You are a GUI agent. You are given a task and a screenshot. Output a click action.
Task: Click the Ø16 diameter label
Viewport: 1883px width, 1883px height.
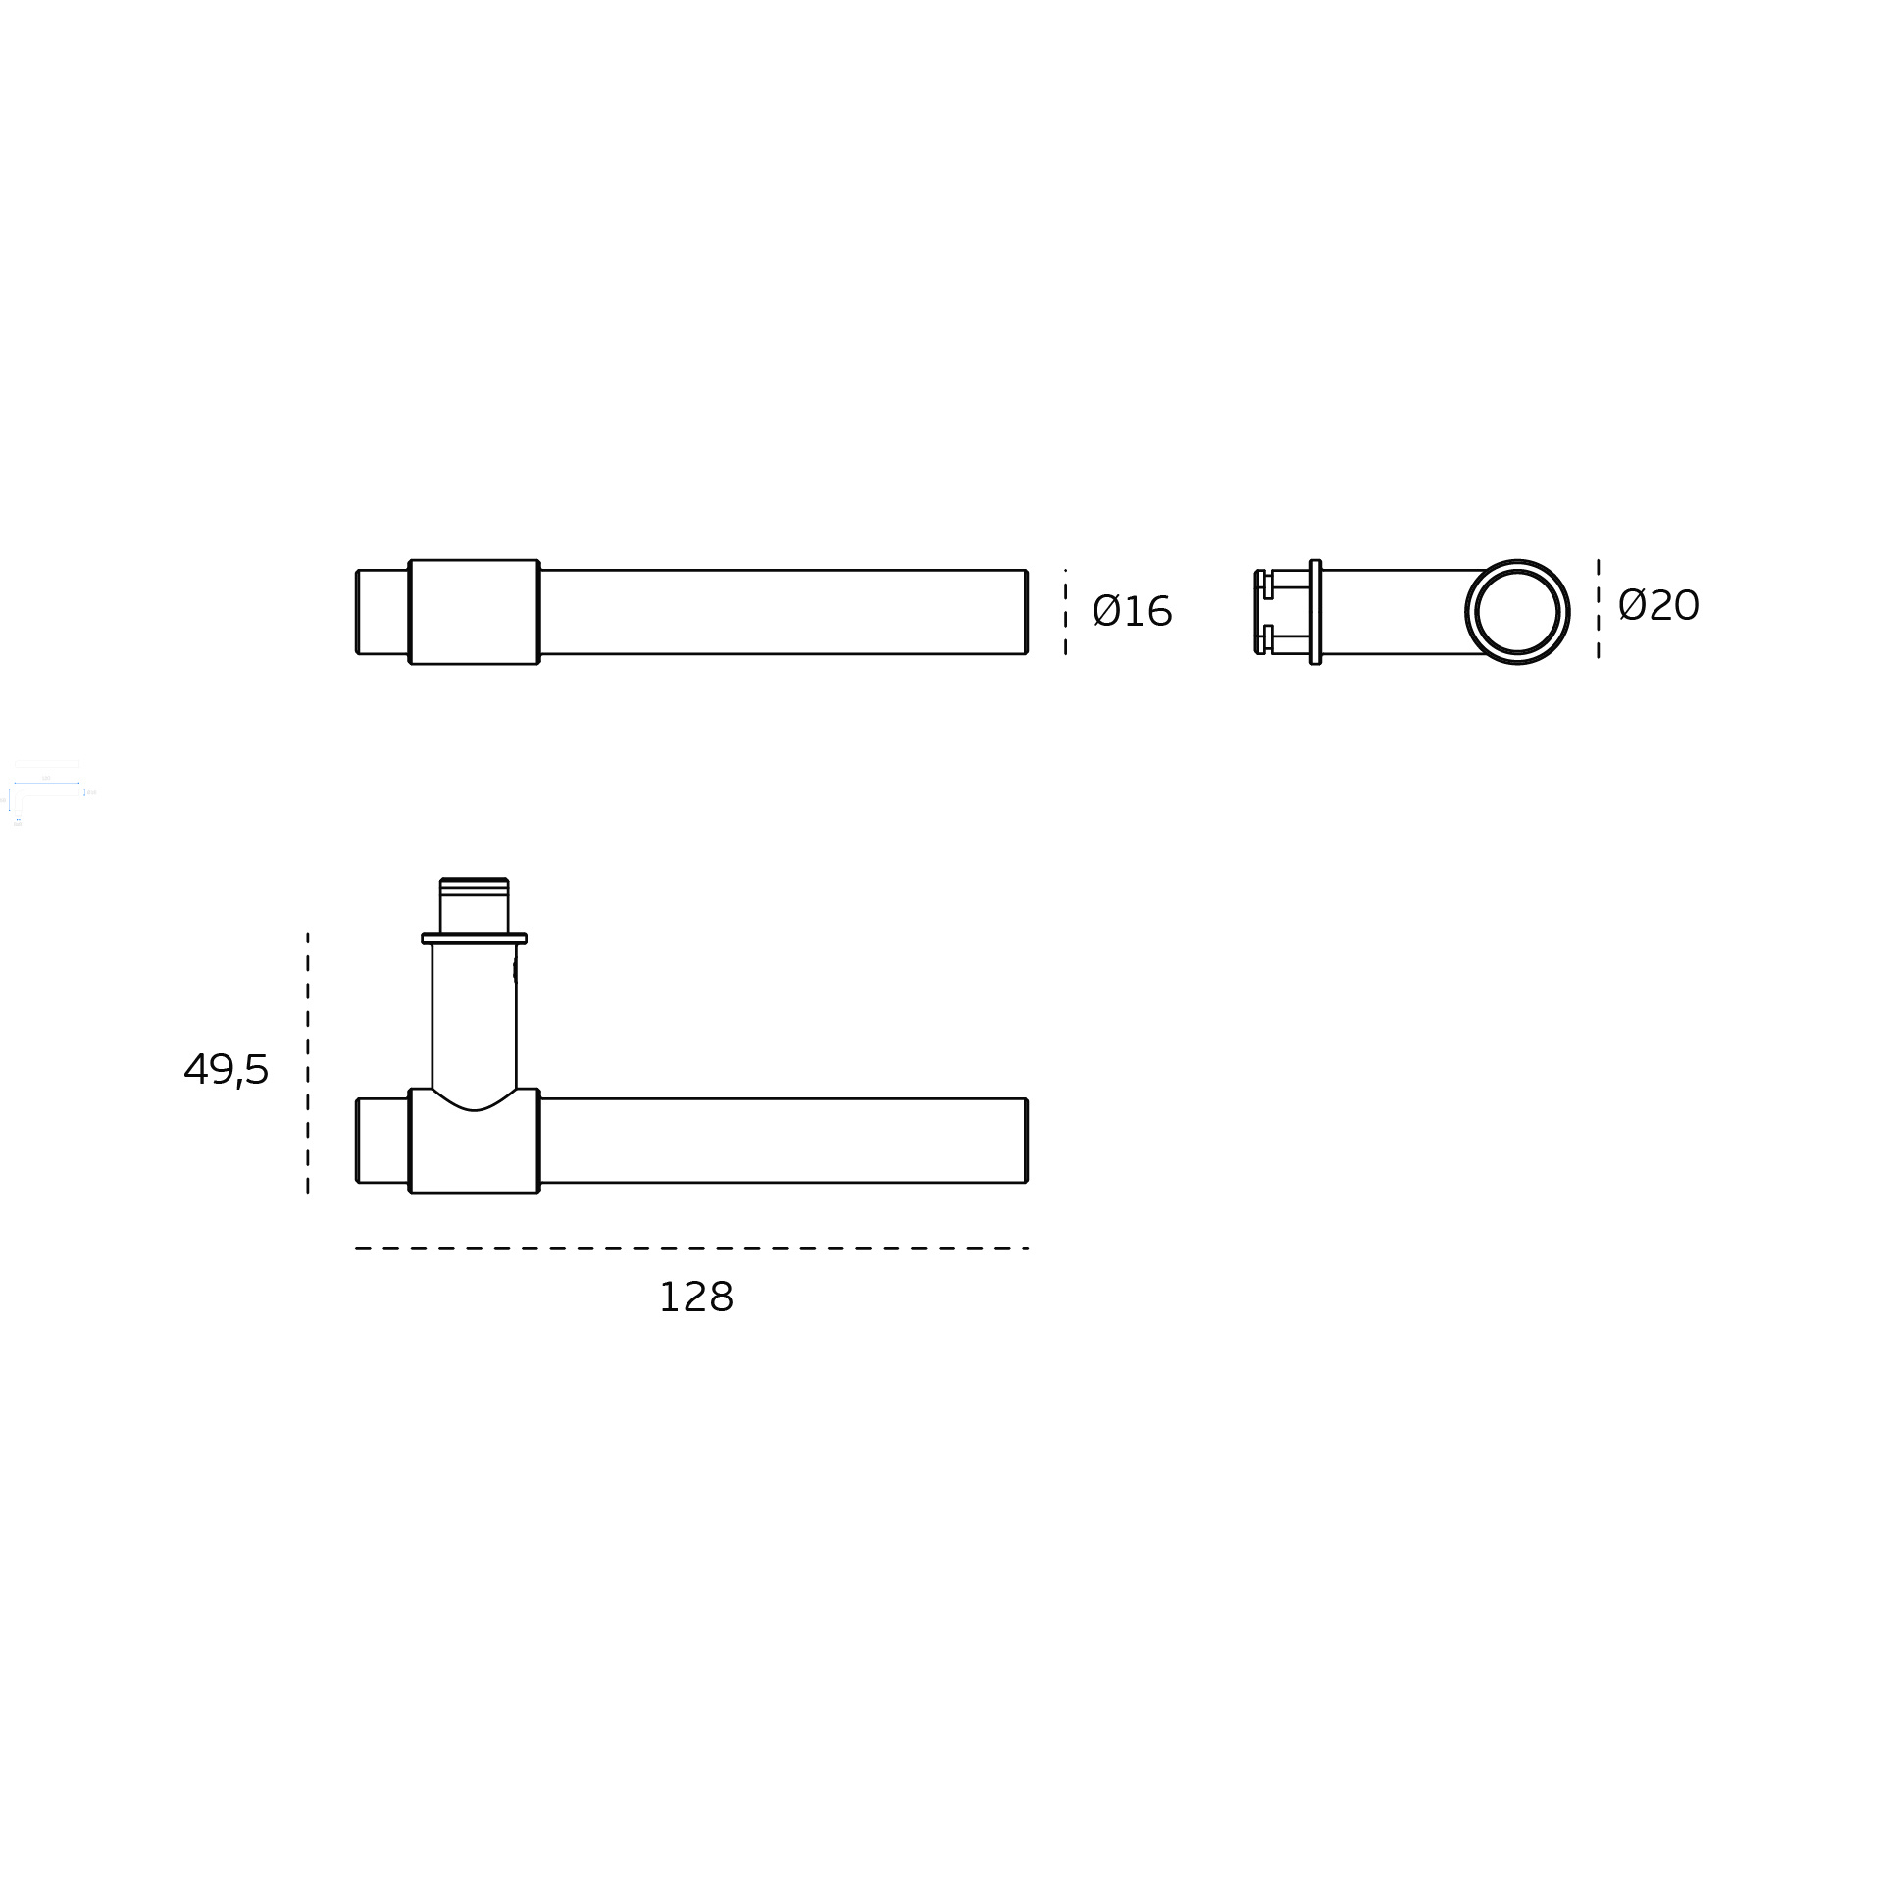point(1132,612)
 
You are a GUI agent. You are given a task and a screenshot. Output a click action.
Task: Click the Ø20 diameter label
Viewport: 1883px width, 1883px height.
point(1658,606)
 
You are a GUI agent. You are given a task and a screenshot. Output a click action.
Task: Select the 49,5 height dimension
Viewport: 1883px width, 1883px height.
point(226,1069)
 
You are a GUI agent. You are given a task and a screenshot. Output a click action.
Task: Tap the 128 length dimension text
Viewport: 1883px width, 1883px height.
point(695,1298)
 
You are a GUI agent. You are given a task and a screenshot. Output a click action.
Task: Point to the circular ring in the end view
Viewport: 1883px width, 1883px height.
point(1517,562)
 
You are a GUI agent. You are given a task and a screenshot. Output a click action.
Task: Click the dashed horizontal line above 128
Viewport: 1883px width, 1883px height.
point(691,1248)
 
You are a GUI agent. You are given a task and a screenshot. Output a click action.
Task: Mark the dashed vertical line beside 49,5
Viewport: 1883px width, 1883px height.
point(308,1063)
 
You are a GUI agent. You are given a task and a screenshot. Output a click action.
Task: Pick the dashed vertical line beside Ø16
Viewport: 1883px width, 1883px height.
point(1065,612)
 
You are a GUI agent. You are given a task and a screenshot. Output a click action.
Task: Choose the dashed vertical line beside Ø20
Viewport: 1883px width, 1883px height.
point(1598,609)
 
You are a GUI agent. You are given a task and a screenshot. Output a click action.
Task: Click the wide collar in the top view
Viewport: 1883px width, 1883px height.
point(474,612)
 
